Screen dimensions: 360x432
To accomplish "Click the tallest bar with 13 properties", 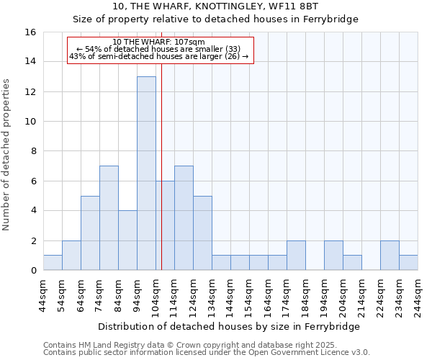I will click(146, 174).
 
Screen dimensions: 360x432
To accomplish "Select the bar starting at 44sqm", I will click(53, 263).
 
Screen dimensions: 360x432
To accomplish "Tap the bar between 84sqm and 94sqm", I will click(127, 240).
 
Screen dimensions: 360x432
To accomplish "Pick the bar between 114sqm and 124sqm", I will click(184, 218).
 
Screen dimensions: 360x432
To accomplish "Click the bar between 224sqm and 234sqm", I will click(390, 256).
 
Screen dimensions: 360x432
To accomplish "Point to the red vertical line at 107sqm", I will click(161, 166).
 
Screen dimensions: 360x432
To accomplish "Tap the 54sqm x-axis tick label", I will click(62, 294).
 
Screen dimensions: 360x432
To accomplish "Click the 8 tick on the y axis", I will click(33, 151).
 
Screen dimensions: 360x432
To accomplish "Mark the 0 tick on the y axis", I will click(33, 271).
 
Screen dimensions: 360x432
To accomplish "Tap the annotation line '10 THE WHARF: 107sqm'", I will click(159, 42).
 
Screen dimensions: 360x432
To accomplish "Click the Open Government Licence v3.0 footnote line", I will click(207, 353).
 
